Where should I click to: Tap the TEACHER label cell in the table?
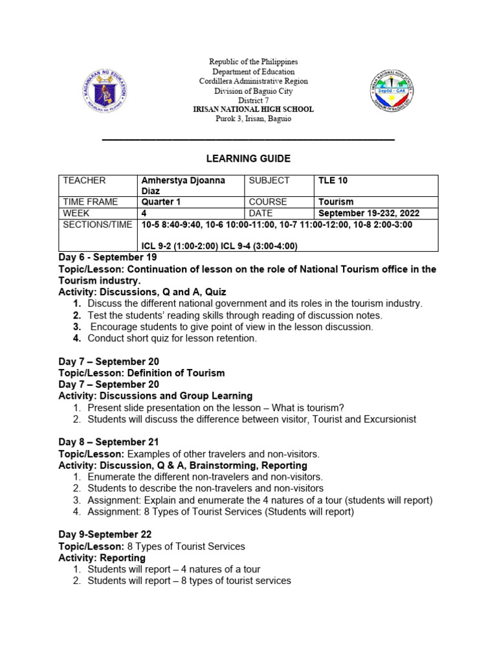(82, 181)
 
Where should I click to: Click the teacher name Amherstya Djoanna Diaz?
(183, 185)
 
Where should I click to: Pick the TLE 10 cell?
(333, 181)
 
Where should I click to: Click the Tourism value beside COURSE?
(336, 202)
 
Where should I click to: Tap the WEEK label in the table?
(76, 213)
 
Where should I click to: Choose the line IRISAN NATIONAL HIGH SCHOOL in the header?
(253, 109)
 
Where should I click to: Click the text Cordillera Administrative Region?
(253, 82)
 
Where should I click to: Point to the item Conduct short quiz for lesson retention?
(172, 338)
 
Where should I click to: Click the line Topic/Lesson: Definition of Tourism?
(142, 373)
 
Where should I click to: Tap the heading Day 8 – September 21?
(108, 442)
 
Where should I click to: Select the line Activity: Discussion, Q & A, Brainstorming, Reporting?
(182, 466)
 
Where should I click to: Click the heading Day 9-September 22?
(105, 535)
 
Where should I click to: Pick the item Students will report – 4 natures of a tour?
(173, 569)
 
